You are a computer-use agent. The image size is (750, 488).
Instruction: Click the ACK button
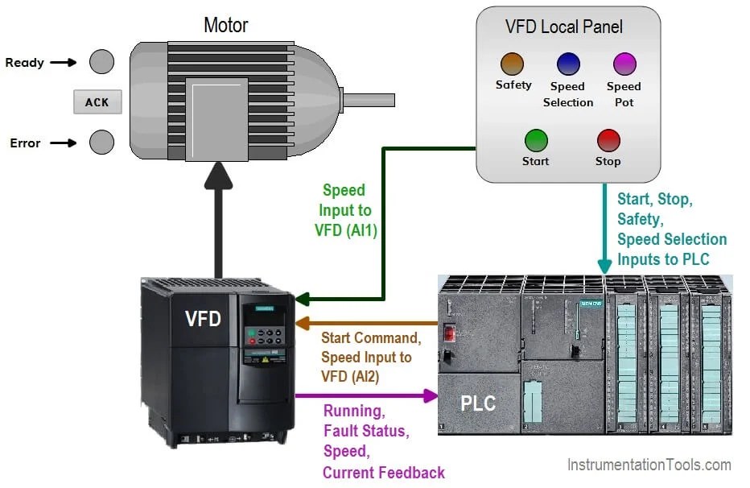(97, 102)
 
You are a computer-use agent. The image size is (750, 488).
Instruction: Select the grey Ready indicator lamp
(101, 62)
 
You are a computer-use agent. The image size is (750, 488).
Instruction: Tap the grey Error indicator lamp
(101, 143)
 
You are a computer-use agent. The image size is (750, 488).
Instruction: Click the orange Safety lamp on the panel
(512, 64)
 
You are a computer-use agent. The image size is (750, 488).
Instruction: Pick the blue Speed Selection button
(568, 64)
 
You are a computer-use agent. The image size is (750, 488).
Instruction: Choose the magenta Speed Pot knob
(624, 64)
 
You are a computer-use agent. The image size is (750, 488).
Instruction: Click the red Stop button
(608, 140)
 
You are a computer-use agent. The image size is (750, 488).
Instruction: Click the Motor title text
(225, 25)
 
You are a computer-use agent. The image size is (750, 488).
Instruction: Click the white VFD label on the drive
(203, 319)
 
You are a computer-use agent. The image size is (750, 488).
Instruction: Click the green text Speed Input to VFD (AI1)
(344, 210)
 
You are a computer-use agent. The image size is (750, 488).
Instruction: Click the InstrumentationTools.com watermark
(649, 465)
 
